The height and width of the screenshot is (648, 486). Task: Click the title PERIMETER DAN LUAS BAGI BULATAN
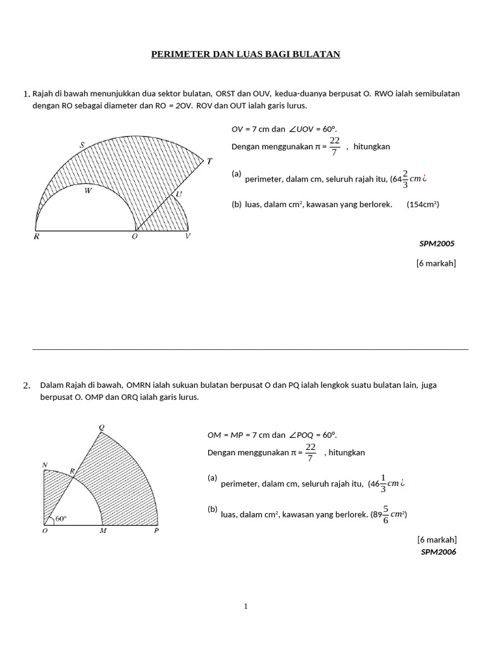click(x=246, y=54)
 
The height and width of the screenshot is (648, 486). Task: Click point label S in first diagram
click(x=82, y=146)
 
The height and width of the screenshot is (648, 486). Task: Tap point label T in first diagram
click(x=209, y=161)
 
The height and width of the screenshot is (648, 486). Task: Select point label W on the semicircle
click(x=89, y=190)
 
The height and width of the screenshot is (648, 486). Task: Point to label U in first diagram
click(x=178, y=194)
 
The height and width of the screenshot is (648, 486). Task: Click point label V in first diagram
click(x=188, y=237)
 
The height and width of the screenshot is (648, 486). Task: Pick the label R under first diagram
click(x=36, y=237)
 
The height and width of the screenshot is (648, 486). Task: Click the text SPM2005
click(x=437, y=243)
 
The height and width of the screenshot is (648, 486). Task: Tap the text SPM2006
click(x=438, y=552)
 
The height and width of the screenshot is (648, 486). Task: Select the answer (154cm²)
click(x=423, y=204)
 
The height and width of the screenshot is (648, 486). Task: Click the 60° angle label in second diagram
click(x=61, y=519)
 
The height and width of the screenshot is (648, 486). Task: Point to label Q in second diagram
click(x=101, y=427)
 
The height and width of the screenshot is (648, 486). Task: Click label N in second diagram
click(x=45, y=465)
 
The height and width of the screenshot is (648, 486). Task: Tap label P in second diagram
click(x=156, y=531)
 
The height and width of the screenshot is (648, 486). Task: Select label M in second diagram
click(x=103, y=531)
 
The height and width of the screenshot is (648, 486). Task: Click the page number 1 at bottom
click(x=246, y=606)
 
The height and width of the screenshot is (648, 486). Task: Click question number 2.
click(x=26, y=385)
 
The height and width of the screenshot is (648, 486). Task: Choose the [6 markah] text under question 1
click(x=435, y=263)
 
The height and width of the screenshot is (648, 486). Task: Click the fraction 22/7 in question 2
click(x=310, y=452)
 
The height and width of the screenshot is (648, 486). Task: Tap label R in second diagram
click(x=72, y=471)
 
